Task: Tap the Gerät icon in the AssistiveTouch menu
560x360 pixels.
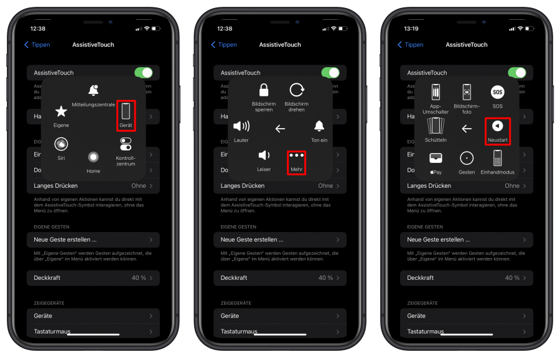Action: click(x=126, y=112)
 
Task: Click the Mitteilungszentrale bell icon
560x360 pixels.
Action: click(x=93, y=91)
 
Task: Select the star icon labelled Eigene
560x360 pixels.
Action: click(x=61, y=111)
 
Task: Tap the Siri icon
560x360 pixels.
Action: click(x=61, y=144)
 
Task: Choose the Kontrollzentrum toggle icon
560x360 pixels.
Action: click(x=126, y=144)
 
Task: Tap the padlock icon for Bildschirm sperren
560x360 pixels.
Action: click(x=264, y=90)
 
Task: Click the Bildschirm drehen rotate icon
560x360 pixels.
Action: click(x=296, y=90)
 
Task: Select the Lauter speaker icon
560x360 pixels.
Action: click(x=241, y=126)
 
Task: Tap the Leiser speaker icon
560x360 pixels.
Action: click(x=264, y=155)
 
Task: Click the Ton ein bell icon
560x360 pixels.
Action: click(x=319, y=126)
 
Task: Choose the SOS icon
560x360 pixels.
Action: click(x=497, y=92)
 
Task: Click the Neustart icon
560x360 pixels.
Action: click(x=497, y=126)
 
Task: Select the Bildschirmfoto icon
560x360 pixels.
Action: click(x=467, y=92)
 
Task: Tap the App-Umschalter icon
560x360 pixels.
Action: click(x=436, y=92)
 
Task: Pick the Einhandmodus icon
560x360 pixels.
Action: click(x=497, y=158)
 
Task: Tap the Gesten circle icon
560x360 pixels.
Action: click(x=467, y=158)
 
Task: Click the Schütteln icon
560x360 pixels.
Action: click(x=436, y=126)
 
